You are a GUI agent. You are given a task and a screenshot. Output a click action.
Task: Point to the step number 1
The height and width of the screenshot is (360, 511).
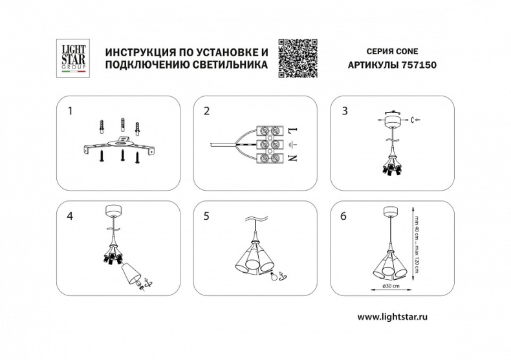(x=71, y=111)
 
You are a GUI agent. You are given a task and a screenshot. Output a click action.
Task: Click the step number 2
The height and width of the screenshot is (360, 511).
(x=206, y=111)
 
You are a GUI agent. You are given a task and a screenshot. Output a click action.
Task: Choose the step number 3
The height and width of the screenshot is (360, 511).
(x=345, y=111)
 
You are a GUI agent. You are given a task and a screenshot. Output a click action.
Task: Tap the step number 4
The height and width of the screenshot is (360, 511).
(x=71, y=216)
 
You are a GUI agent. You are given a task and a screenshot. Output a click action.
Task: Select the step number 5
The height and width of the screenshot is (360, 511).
(x=206, y=216)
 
